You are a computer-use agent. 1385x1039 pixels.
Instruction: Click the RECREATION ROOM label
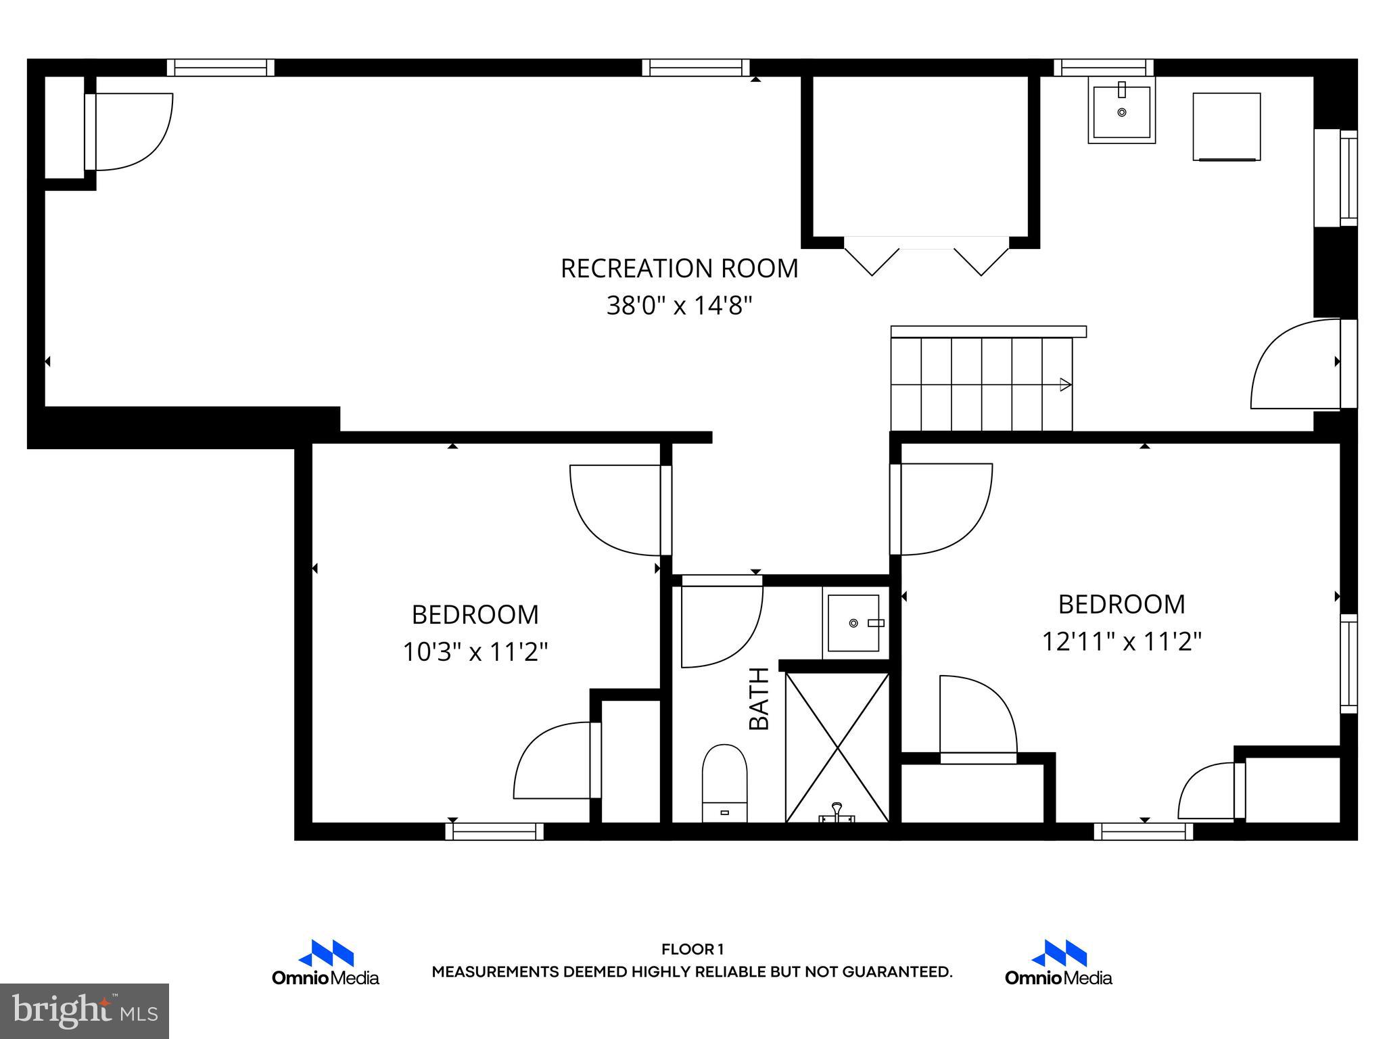click(679, 269)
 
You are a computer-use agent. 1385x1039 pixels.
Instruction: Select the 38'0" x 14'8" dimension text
click(679, 306)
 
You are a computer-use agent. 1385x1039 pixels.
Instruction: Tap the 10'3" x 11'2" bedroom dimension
click(475, 652)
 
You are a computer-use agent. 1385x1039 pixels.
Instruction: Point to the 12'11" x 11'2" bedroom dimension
click(1121, 641)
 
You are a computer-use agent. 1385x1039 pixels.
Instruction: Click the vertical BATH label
click(759, 698)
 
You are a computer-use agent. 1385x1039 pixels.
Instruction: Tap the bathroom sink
click(854, 622)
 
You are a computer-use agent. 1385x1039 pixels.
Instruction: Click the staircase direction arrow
click(1065, 385)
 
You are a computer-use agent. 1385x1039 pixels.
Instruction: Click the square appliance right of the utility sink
click(1226, 126)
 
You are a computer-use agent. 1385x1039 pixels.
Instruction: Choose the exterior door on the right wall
click(1295, 365)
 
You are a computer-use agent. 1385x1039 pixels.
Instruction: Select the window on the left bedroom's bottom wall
click(494, 831)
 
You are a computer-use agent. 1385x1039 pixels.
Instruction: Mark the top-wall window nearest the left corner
click(220, 68)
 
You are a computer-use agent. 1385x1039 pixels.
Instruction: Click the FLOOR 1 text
click(692, 950)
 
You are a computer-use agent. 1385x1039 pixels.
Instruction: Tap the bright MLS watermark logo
click(85, 1011)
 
